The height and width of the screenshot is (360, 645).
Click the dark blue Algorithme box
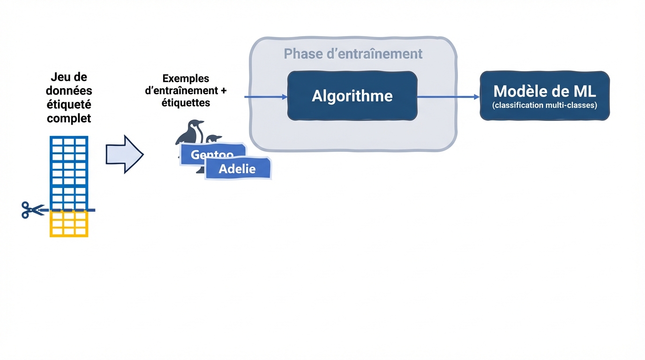coord(352,96)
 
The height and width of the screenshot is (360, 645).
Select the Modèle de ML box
coord(545,96)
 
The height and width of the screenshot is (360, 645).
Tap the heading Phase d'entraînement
coord(353,53)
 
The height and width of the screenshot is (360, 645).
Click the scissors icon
coord(31,210)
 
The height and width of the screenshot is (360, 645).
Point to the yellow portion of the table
coord(69,224)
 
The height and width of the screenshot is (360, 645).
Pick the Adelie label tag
coord(238,169)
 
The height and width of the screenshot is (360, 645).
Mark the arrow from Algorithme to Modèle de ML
coord(448,97)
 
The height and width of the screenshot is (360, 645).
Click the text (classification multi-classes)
coord(545,105)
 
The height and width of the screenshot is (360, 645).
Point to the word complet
coord(69,118)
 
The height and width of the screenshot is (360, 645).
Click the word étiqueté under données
coord(69,104)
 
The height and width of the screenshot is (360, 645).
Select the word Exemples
coord(186,78)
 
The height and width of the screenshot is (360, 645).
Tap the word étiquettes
coord(186,102)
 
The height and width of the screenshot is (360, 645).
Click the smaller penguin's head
coord(214,139)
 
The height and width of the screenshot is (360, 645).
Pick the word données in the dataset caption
coord(69,90)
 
